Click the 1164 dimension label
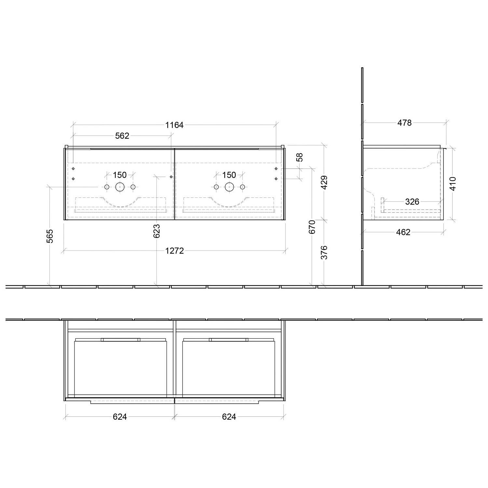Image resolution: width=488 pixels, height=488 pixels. (175, 125)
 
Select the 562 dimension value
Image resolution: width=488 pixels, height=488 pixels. (122, 136)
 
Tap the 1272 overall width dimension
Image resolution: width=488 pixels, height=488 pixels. (175, 251)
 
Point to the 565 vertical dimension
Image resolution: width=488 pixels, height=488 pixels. (50, 236)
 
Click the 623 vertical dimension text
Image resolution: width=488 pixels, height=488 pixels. (157, 231)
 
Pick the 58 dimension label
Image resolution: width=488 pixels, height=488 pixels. (300, 157)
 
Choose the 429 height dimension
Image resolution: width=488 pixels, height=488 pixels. (324, 183)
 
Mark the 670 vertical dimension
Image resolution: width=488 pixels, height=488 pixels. (312, 227)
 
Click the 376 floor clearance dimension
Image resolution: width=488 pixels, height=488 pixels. (324, 252)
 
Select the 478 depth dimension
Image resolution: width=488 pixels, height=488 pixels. (404, 123)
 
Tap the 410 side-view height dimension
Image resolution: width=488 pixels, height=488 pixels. (453, 183)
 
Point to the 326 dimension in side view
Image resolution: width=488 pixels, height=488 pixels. (412, 202)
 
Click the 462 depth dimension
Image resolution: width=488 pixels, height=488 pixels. (403, 232)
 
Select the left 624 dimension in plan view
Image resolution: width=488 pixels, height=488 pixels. (120, 416)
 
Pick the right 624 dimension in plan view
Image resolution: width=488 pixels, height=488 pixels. (229, 416)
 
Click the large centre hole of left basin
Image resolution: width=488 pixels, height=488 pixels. (120, 187)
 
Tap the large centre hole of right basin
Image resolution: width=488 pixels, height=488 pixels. (229, 187)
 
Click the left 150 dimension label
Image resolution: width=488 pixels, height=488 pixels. (120, 175)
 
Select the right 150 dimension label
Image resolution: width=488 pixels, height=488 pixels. (229, 175)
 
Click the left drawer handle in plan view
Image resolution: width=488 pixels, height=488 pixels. (120, 340)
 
